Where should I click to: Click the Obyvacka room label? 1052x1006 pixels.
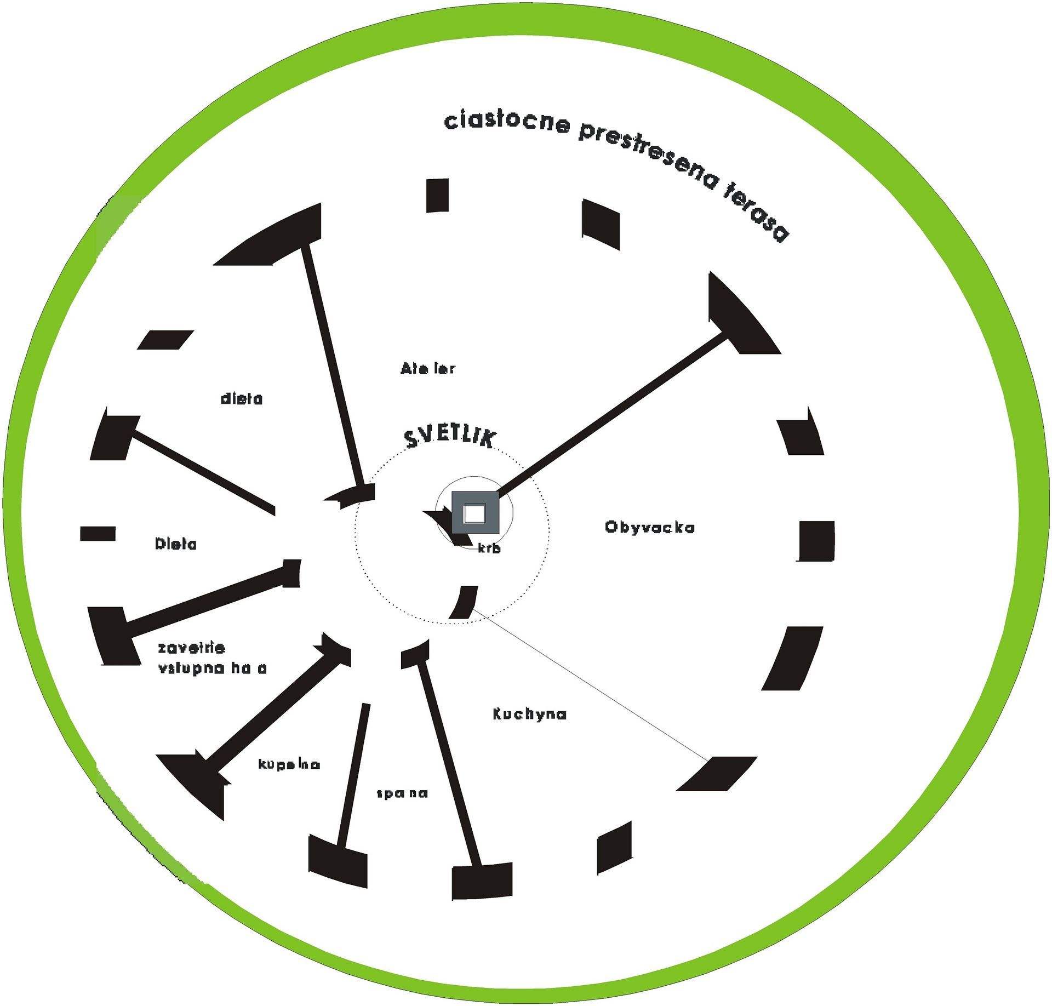650,527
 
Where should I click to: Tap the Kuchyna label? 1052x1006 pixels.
529,714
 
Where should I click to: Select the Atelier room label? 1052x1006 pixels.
427,369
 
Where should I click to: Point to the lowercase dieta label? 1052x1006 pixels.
242,399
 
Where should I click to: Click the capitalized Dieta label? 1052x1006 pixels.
176,544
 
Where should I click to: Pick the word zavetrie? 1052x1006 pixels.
191,648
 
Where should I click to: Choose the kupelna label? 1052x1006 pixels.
289,764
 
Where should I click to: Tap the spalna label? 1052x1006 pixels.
402,793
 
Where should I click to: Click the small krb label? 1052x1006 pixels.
489,548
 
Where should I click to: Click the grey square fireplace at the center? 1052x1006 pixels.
475,513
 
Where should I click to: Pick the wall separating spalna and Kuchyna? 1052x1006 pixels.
449,767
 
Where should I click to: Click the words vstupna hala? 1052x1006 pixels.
212,668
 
